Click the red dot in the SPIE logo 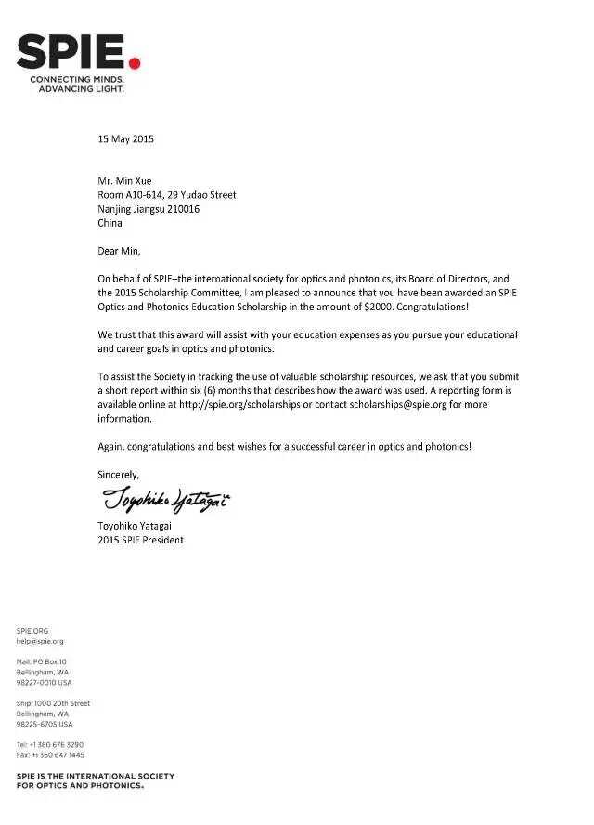point(134,62)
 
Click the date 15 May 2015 point(125,139)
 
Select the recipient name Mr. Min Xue point(125,181)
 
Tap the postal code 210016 point(181,209)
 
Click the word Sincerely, point(118,475)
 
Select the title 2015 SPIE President point(140,540)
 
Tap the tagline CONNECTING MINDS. point(76,81)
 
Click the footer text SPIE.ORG point(32,631)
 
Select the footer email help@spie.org point(40,641)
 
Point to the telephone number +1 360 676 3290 point(56,744)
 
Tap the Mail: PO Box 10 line point(42,661)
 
